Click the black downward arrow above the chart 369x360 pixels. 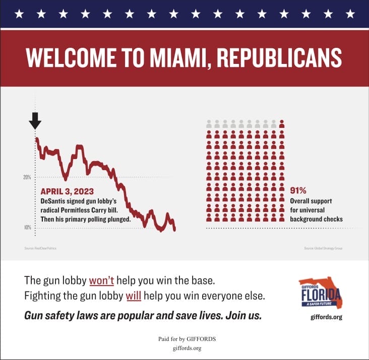click(35, 121)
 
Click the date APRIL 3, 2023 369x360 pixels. click(67, 191)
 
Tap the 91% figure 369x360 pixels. click(298, 191)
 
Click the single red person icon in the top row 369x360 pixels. click(282, 124)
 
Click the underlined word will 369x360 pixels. click(133, 296)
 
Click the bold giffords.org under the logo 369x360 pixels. click(328, 317)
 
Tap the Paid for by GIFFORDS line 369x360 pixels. click(183, 339)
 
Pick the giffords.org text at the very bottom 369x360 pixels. click(183, 348)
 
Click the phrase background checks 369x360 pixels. click(316, 219)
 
